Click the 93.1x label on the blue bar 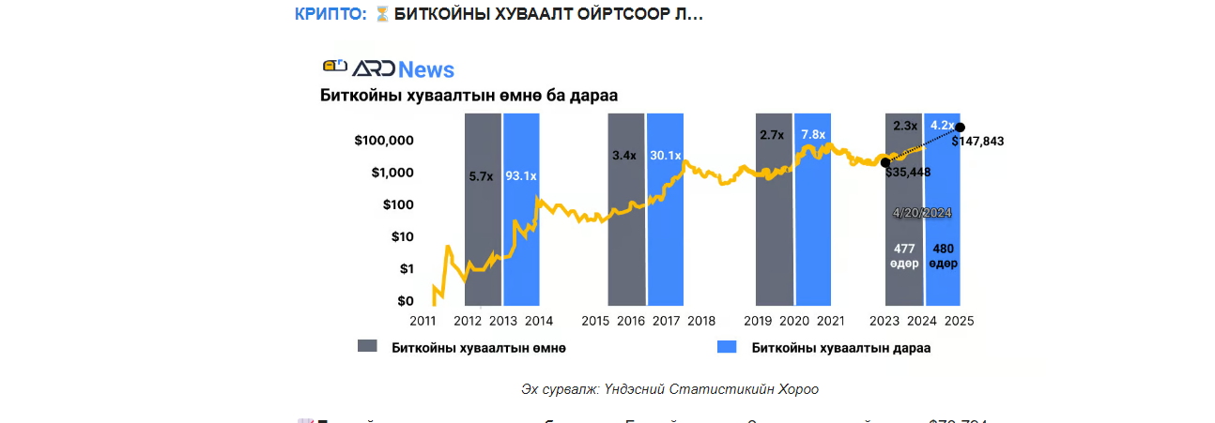pos(521,175)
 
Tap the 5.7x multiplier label pos(482,175)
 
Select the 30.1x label pos(665,155)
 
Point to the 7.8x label pos(813,134)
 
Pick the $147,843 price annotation pos(977,142)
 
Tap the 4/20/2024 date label pos(922,213)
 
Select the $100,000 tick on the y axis pos(384,141)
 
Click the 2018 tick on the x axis pos(700,321)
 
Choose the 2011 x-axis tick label pos(423,321)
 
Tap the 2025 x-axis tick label pos(959,321)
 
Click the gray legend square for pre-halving pos(367,347)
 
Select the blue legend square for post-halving pos(725,347)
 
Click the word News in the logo pos(425,69)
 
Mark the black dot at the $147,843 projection pos(960,128)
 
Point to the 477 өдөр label pos(904,255)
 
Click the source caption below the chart pos(670,389)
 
